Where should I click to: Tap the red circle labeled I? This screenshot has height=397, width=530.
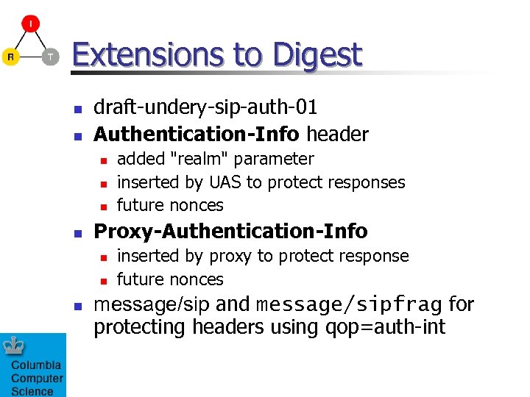click(30, 24)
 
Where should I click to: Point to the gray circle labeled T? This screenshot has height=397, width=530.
click(50, 57)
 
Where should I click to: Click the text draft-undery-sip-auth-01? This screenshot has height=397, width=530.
click(205, 107)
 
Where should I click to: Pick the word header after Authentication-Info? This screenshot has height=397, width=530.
click(337, 134)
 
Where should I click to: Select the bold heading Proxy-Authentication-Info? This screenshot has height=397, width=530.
click(230, 231)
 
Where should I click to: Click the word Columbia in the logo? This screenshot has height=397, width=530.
click(36, 365)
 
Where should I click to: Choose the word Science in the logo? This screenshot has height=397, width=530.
click(32, 391)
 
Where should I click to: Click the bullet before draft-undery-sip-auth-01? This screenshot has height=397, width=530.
click(76, 109)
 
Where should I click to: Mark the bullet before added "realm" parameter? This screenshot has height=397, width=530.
click(104, 160)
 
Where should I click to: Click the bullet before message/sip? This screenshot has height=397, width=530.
click(76, 305)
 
